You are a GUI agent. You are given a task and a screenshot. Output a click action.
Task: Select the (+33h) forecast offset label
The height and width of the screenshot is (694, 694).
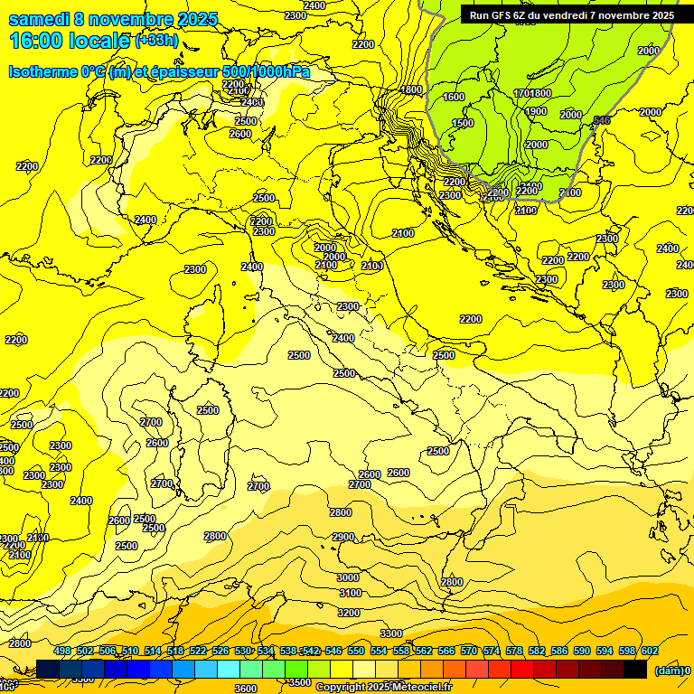pyautogui.click(x=156, y=41)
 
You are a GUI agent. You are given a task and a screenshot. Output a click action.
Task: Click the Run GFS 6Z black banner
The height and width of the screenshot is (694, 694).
pyautogui.click(x=571, y=15)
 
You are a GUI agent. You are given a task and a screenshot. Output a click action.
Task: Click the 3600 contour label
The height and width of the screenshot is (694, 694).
pyautogui.click(x=245, y=688)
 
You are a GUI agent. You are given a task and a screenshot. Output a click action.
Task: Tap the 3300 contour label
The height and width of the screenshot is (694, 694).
pyautogui.click(x=391, y=633)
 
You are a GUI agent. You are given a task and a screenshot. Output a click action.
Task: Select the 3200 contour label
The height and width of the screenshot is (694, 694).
pyautogui.click(x=349, y=613)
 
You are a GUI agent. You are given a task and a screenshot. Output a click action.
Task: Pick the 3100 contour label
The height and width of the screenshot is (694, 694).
pyautogui.click(x=350, y=593)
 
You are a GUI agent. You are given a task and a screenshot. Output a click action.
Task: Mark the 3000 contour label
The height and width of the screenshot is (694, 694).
pyautogui.click(x=348, y=577)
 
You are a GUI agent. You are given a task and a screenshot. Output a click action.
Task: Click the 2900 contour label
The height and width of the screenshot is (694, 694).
pyautogui.click(x=343, y=537)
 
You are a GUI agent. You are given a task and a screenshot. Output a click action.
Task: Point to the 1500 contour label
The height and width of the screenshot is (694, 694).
pyautogui.click(x=463, y=124)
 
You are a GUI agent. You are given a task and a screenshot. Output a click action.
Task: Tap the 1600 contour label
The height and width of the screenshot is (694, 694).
pyautogui.click(x=454, y=97)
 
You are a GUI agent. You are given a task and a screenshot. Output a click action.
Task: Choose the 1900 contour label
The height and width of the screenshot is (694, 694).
pyautogui.click(x=536, y=112)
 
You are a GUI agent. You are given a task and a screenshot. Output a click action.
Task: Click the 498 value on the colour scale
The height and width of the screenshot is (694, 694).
pyautogui.click(x=62, y=651)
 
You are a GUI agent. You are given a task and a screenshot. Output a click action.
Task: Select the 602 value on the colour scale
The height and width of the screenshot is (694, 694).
pyautogui.click(x=650, y=651)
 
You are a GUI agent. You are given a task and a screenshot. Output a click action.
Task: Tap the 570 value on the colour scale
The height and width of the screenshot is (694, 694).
pyautogui.click(x=469, y=651)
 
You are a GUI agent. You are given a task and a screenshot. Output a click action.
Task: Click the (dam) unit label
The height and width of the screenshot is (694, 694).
pyautogui.click(x=669, y=671)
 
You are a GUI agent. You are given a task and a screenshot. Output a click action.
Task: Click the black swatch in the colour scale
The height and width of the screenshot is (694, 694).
pyautogui.click(x=635, y=669)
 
